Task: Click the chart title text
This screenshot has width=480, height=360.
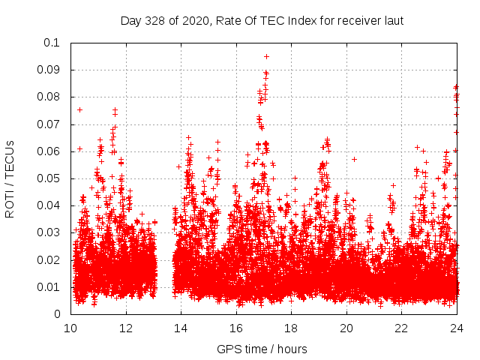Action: tap(262, 20)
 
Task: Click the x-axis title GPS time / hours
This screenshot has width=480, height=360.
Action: tap(262, 349)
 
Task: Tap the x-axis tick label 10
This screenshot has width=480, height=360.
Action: tap(70, 328)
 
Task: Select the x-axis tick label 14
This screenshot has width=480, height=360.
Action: tap(181, 328)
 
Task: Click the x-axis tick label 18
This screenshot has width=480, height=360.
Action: tap(292, 328)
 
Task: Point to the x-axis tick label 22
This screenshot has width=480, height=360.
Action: tap(402, 328)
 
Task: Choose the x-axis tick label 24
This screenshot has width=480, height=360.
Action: tap(457, 328)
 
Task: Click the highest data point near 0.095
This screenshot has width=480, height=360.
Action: tap(266, 56)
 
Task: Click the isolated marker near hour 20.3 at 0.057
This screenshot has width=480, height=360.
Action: tap(354, 159)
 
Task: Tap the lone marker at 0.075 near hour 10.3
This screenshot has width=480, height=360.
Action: tap(79, 109)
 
